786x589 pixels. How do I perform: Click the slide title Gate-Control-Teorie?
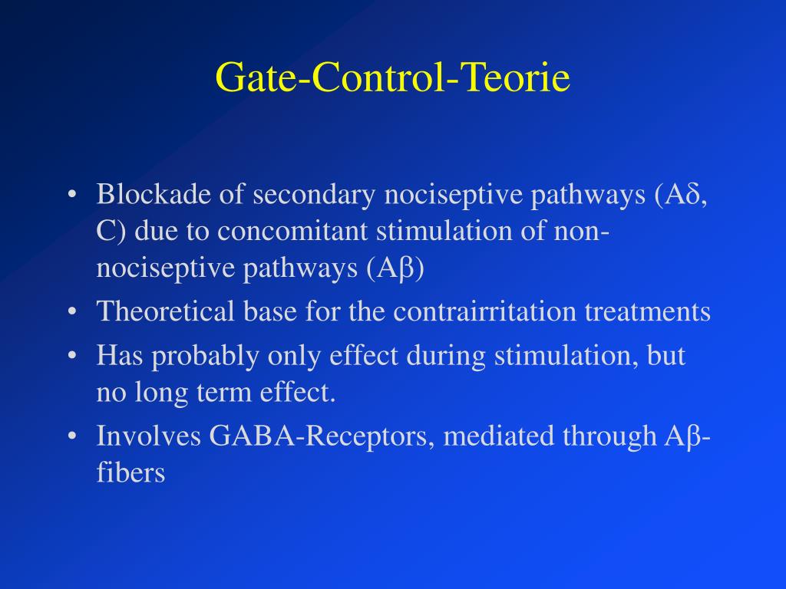tap(392, 77)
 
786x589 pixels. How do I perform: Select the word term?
tap(219, 393)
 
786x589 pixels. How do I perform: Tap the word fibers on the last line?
tap(130, 473)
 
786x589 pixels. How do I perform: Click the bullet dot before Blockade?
tap(72, 196)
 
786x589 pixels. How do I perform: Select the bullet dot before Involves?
tap(72, 437)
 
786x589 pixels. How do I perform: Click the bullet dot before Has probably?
tap(72, 357)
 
